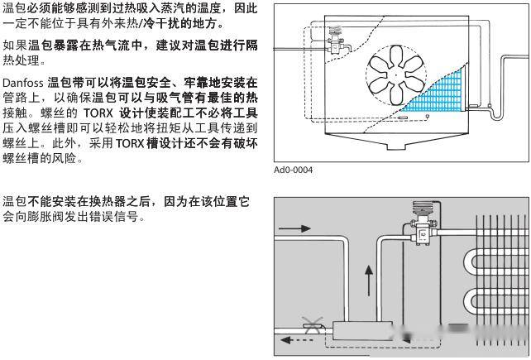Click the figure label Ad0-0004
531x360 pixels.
click(x=293, y=171)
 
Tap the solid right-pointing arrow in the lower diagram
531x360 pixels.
click(x=295, y=227)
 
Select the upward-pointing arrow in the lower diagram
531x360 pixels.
click(x=369, y=279)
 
